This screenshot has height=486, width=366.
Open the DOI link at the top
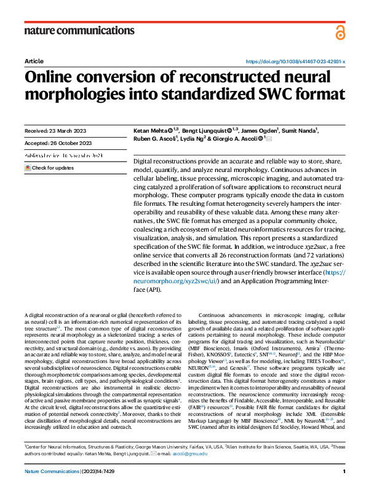(x=295, y=62)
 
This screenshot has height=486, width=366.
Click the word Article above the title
(x=34, y=62)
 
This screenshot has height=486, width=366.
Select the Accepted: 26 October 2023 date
(x=57, y=143)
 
